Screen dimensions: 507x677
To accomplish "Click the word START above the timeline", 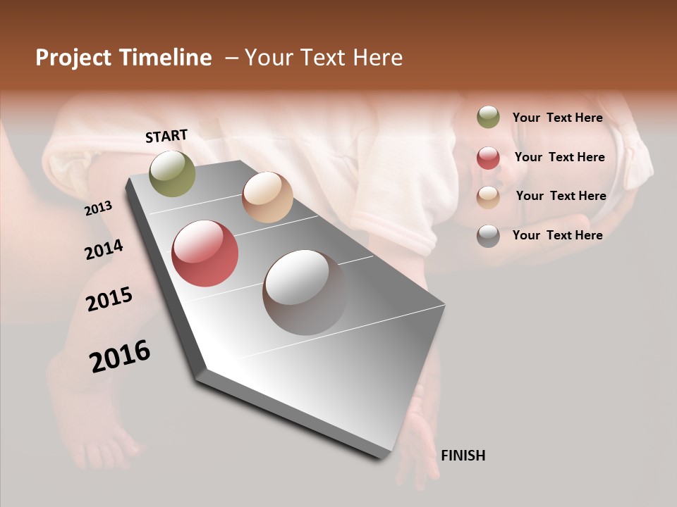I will point(166,136).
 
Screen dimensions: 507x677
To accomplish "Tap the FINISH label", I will point(463,456).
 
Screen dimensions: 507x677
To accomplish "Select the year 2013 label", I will point(98,208).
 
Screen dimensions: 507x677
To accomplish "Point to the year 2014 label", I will point(104,250).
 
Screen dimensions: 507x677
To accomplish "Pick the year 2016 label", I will point(120,356).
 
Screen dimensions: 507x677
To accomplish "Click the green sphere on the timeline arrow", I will point(172,173).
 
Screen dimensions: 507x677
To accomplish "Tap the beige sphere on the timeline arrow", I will point(267,197).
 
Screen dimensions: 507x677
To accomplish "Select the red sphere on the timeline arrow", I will point(205,254).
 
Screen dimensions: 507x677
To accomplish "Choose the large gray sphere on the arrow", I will point(305,292).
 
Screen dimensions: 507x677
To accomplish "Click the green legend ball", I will point(488,118).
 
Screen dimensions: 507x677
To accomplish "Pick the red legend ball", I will point(488,158).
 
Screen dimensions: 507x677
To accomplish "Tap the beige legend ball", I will point(488,196).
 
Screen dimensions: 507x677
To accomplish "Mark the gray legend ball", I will point(488,236).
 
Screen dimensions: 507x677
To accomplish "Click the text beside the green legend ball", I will point(557,118).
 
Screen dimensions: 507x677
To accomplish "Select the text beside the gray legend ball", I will point(557,235).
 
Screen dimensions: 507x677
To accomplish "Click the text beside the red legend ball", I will point(559,157).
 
